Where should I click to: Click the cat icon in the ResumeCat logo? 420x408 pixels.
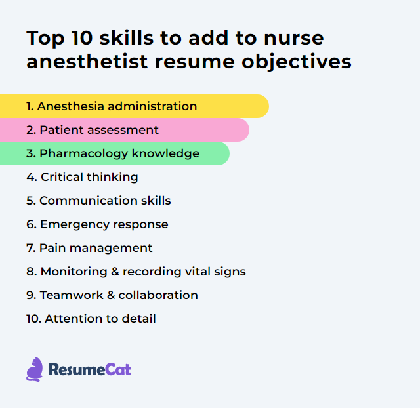click(x=34, y=369)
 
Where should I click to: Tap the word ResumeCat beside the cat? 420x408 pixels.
click(x=89, y=370)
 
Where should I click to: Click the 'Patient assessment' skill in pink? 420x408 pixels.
click(x=98, y=130)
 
